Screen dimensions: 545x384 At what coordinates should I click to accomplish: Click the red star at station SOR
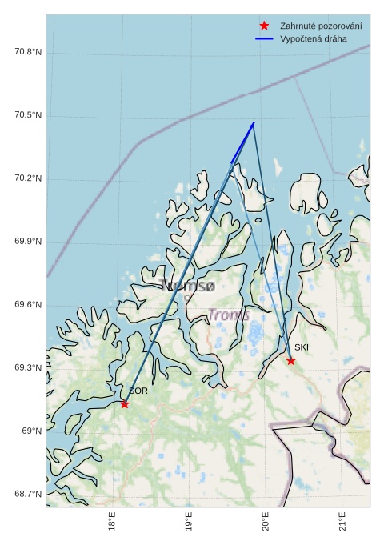point(125,404)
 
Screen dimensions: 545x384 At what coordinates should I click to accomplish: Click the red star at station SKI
point(291,361)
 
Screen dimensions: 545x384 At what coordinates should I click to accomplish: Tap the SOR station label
point(138,391)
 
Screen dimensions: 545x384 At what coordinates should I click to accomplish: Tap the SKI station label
point(302,347)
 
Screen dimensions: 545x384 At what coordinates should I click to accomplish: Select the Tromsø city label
point(187,285)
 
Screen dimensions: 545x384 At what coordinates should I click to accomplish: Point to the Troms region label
point(229,315)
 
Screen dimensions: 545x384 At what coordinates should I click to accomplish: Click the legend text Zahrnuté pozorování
point(321,26)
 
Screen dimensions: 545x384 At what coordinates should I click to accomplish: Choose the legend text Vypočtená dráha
point(314,38)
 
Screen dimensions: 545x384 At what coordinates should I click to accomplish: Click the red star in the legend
point(264,26)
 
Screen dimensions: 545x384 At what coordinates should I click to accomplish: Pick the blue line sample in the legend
point(264,38)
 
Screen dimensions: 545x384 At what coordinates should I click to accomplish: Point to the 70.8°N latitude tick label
point(28,53)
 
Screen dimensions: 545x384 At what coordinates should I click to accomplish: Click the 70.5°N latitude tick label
point(28,116)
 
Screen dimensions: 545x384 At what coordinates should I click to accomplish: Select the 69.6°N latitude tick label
point(28,305)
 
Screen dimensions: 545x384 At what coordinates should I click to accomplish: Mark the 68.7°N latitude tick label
point(28,494)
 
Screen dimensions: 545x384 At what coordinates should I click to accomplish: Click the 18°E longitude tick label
point(112,522)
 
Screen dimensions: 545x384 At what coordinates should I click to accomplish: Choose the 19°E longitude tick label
point(189,522)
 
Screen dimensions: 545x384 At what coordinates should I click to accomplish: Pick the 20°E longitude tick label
point(265,522)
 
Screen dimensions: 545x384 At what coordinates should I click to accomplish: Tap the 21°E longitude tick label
point(342,522)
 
